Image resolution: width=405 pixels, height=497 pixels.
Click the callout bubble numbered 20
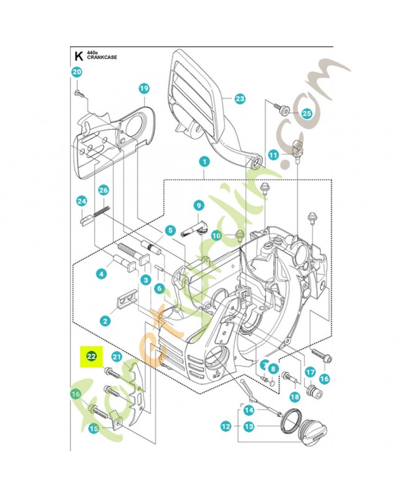[x=76, y=72]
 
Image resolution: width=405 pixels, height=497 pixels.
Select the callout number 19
[x=143, y=89]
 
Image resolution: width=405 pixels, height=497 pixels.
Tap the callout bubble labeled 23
[x=240, y=98]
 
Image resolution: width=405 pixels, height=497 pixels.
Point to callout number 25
[x=306, y=114]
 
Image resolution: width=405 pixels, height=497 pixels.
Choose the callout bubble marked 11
[x=273, y=155]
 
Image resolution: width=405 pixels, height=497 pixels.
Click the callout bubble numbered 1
[x=203, y=161]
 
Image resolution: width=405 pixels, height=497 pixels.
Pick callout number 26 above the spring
[x=104, y=190]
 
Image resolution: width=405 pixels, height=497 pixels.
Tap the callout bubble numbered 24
[x=81, y=201]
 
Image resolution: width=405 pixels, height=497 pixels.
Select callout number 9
[x=199, y=205]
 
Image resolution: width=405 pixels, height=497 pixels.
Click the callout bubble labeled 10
[x=216, y=235]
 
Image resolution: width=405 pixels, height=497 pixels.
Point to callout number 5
[x=169, y=230]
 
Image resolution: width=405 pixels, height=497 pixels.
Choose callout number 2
[x=106, y=321]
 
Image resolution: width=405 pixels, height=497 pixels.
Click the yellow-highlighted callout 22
[x=91, y=357]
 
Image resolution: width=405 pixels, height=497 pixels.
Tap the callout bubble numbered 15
[x=93, y=428]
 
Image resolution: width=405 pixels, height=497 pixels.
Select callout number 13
[x=248, y=427]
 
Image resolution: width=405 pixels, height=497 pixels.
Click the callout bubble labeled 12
[x=225, y=427]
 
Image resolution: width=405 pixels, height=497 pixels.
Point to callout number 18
[x=294, y=397]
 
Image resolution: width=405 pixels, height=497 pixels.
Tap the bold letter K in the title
[x=78, y=55]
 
